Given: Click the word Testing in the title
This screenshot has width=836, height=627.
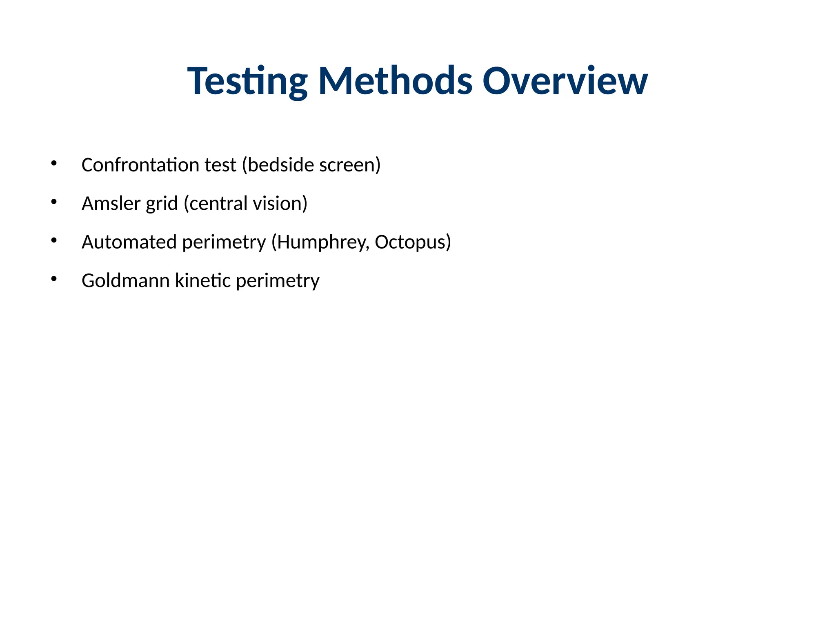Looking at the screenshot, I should click(247, 81).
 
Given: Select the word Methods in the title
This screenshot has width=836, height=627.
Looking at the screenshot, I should click(395, 81).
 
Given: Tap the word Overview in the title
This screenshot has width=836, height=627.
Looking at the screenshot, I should click(565, 81).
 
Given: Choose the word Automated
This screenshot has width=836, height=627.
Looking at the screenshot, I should click(129, 242).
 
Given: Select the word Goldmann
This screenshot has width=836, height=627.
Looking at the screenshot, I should click(126, 281).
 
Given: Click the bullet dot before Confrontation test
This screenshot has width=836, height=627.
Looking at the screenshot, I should click(53, 164).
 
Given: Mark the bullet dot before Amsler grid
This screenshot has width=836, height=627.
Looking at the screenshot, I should click(53, 202).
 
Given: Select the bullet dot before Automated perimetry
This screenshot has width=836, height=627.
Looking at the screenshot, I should click(53, 240).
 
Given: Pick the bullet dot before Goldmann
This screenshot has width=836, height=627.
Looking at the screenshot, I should click(53, 279).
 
